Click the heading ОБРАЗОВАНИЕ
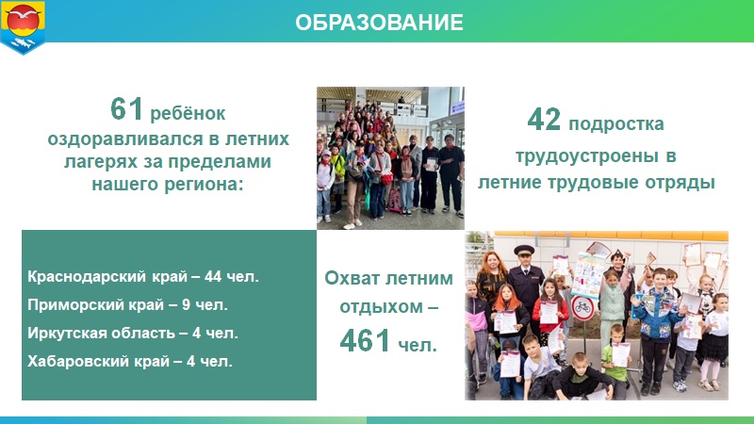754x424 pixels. (379, 22)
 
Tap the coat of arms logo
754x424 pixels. (23, 27)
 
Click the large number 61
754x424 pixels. (126, 108)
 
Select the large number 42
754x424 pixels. (544, 120)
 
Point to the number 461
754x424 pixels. (365, 340)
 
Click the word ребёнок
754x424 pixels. (188, 113)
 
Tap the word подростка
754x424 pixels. (616, 124)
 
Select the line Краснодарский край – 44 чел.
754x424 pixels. (143, 276)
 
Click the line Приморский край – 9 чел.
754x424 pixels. (127, 304)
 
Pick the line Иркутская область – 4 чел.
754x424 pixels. (133, 333)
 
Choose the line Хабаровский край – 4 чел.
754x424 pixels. (130, 361)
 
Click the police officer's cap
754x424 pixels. (523, 250)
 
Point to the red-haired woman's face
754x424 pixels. (491, 264)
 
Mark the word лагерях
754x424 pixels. (101, 162)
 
